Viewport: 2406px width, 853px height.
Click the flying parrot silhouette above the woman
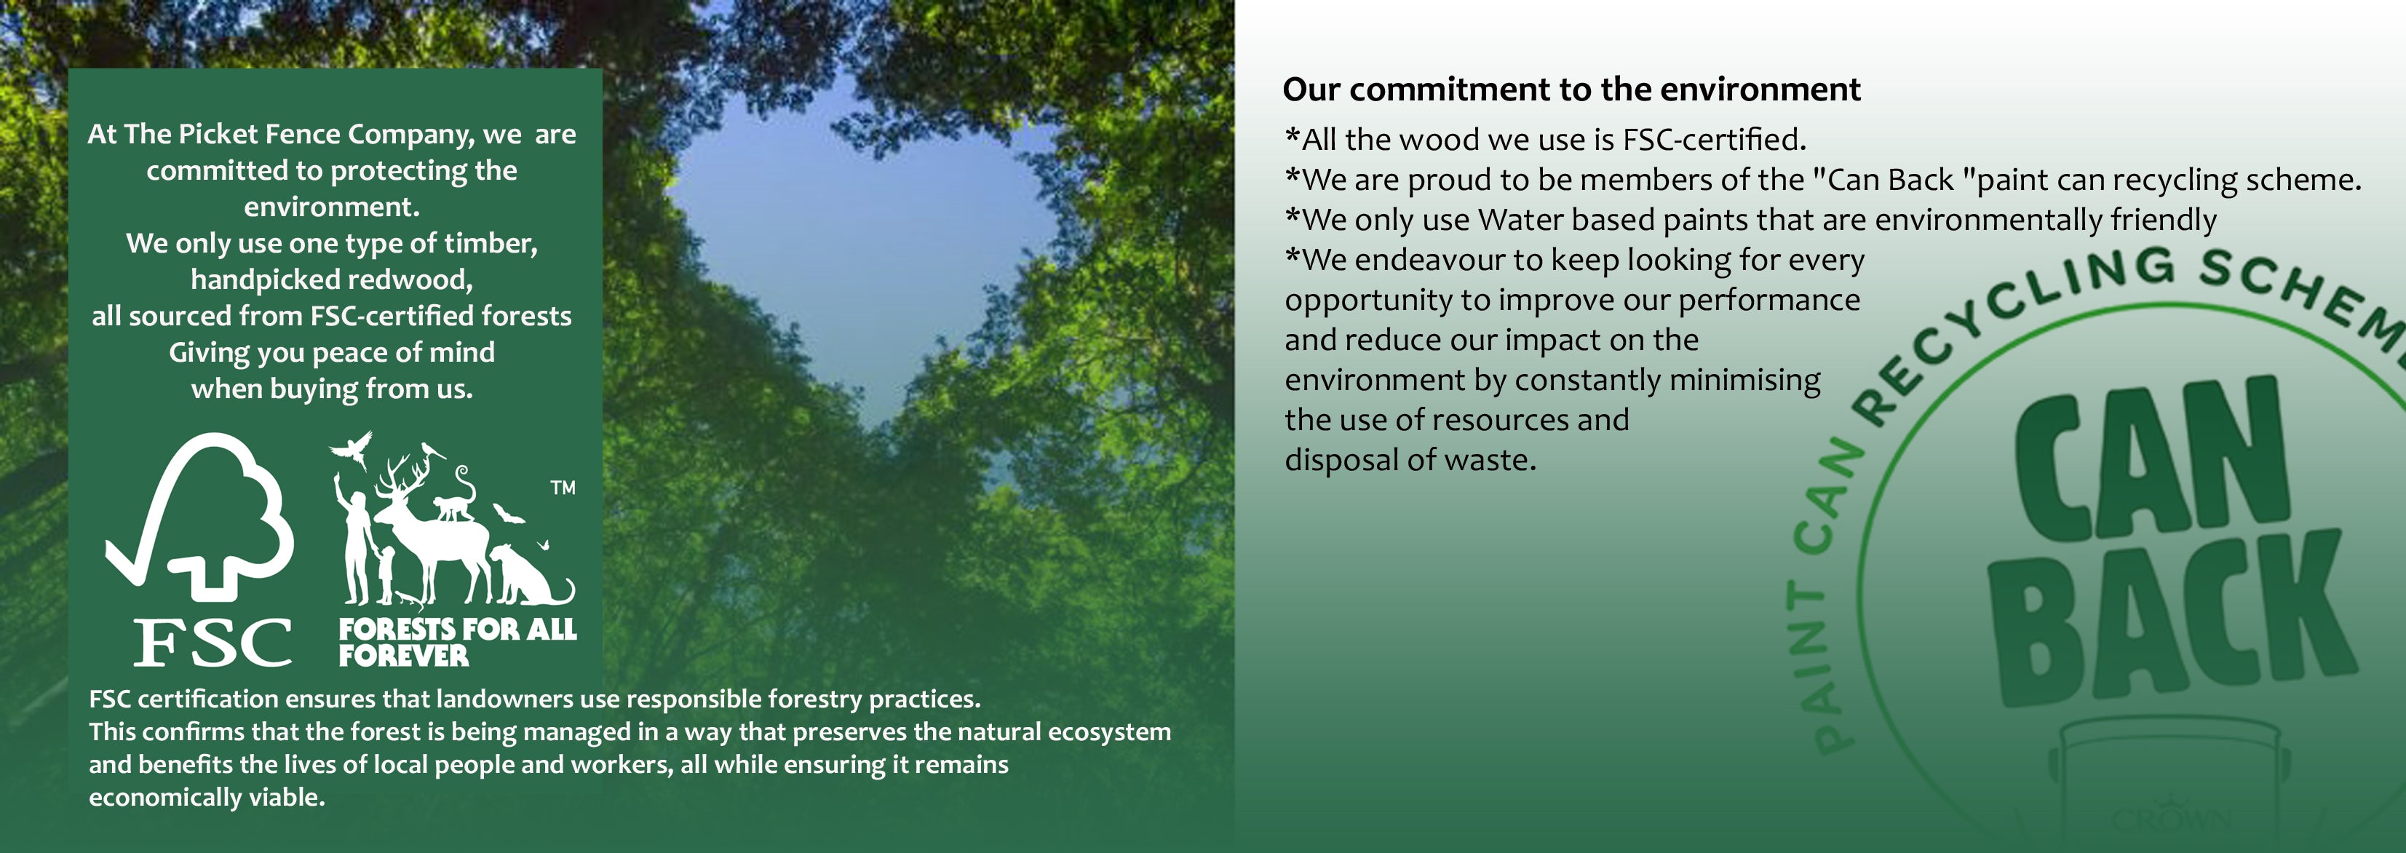(x=352, y=448)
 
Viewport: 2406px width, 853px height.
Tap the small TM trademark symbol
(x=563, y=487)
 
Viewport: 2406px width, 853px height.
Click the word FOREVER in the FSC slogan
(x=403, y=656)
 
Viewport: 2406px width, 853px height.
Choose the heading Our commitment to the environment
(x=1571, y=89)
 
